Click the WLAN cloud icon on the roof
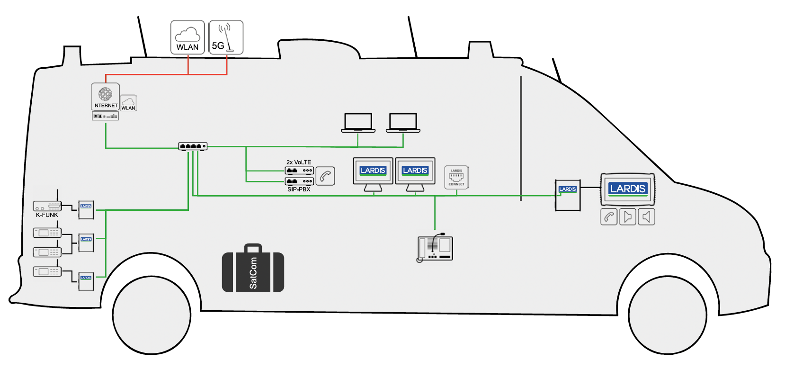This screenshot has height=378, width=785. [187, 37]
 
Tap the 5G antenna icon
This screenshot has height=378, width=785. [226, 37]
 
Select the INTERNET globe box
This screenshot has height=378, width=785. [105, 97]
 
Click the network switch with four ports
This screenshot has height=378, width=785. [193, 146]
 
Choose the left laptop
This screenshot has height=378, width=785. [358, 123]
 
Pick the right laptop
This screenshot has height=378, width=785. [403, 123]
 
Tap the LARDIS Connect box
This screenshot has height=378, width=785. [456, 177]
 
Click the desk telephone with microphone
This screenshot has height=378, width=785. [435, 248]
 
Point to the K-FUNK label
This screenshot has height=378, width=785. [47, 215]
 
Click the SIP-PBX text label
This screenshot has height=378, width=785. [299, 189]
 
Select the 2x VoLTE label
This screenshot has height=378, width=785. [299, 162]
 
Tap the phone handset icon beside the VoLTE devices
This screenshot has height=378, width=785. [325, 176]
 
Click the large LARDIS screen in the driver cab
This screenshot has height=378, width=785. [628, 189]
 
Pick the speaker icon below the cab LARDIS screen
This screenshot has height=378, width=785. [646, 217]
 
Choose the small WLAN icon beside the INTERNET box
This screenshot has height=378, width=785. [128, 103]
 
